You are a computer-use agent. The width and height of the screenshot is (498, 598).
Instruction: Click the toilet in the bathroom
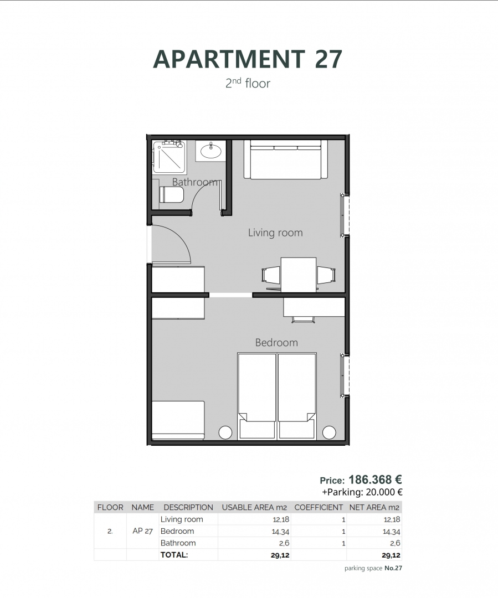click(171, 194)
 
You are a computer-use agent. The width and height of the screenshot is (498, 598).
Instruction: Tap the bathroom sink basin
click(211, 151)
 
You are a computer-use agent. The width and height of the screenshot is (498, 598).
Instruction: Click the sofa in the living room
click(286, 159)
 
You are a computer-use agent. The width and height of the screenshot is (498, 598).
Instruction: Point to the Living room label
click(275, 233)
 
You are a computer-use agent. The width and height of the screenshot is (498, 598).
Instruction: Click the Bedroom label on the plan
click(276, 343)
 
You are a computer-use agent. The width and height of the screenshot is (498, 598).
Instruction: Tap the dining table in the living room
click(299, 275)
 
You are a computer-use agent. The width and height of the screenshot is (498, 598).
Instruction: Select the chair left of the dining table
click(271, 275)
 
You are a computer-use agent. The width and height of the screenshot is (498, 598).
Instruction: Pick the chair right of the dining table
click(326, 275)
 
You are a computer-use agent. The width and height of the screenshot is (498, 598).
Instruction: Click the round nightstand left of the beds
click(225, 432)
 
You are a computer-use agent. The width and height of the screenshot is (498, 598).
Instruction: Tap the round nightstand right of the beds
click(329, 432)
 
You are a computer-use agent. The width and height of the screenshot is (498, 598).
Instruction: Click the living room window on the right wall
click(345, 215)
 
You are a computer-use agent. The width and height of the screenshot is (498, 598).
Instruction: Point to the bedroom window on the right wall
click(345, 375)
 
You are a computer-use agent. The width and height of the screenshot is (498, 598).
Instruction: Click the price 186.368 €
click(375, 480)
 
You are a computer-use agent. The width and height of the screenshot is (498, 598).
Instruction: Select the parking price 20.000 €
click(384, 492)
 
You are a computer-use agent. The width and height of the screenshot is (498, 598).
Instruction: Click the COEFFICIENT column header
click(319, 507)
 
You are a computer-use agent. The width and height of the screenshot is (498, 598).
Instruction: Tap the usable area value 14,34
click(281, 531)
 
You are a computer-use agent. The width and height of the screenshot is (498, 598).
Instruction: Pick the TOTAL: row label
click(174, 554)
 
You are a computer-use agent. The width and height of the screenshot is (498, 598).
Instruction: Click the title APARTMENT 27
click(248, 59)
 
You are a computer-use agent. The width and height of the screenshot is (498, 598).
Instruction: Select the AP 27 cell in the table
click(143, 531)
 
